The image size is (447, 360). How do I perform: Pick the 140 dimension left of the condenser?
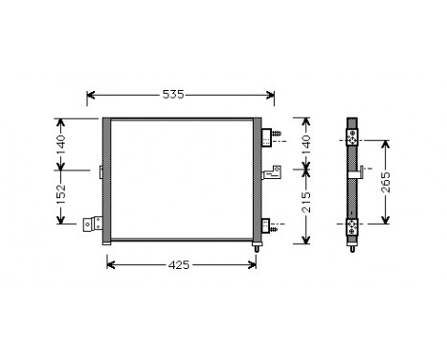pyautogui.click(x=59, y=144)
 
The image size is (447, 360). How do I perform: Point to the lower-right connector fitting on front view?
pyautogui.click(x=268, y=226)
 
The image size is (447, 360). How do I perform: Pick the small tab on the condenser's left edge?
pyautogui.click(x=100, y=172)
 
